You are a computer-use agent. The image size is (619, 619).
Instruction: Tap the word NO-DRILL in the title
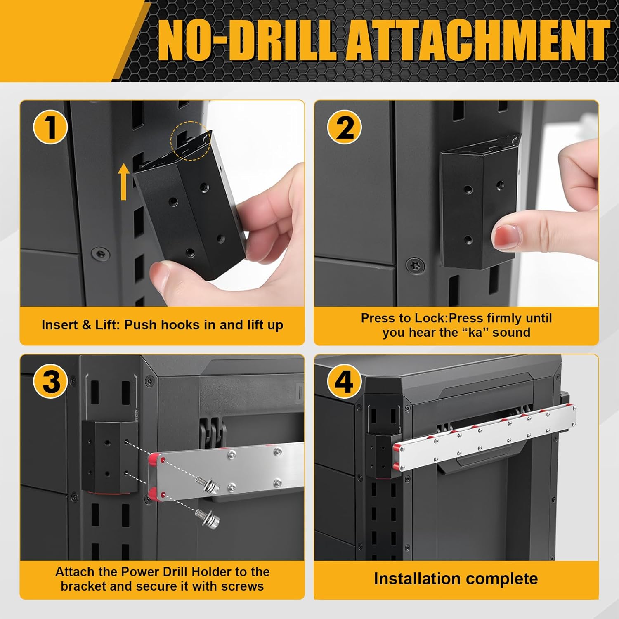[246, 42]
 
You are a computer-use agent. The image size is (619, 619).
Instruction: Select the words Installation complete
[456, 579]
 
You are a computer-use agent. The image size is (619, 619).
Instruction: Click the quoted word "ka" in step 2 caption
[475, 333]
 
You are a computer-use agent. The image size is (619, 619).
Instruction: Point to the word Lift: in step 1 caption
[108, 325]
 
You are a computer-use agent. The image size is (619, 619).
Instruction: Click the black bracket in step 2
[475, 206]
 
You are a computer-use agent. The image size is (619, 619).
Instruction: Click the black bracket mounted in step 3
[107, 456]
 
